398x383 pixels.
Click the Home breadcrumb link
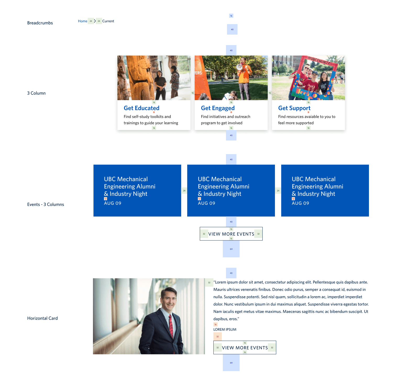(82, 21)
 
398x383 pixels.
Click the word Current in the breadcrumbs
(108, 21)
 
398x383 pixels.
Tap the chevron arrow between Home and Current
(95, 21)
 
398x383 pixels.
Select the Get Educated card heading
(141, 108)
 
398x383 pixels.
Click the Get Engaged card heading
(218, 108)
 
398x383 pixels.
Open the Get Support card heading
(294, 108)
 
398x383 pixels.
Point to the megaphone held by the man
(239, 67)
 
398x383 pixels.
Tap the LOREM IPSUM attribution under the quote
(225, 330)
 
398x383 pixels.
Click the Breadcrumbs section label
(40, 23)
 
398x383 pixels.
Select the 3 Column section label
(36, 93)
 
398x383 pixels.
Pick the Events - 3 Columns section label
(46, 204)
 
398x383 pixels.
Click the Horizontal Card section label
(42, 318)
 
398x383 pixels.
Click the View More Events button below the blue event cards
(231, 234)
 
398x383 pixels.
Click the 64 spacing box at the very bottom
(231, 363)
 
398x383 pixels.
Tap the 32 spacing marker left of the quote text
(209, 283)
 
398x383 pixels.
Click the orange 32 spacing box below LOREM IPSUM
(218, 337)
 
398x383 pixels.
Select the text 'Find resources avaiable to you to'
(307, 117)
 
